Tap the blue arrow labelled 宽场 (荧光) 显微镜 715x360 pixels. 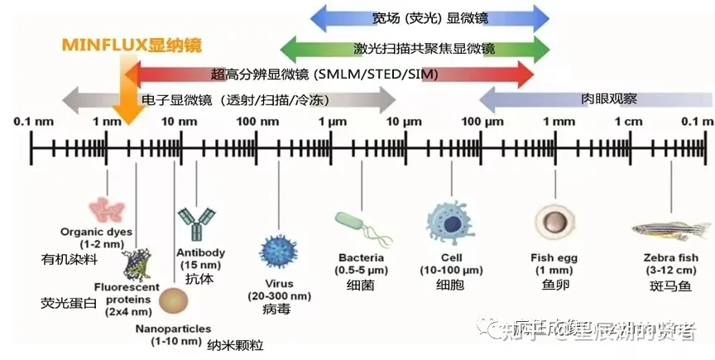(x=430, y=17)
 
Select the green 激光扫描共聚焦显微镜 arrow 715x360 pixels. (x=406, y=48)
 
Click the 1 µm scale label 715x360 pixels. (x=333, y=122)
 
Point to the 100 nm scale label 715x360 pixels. (x=252, y=122)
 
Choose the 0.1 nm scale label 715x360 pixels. (x=33, y=122)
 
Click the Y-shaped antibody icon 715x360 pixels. (x=196, y=221)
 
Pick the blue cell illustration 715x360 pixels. (x=451, y=222)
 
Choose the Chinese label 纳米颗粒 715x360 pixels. (x=235, y=343)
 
